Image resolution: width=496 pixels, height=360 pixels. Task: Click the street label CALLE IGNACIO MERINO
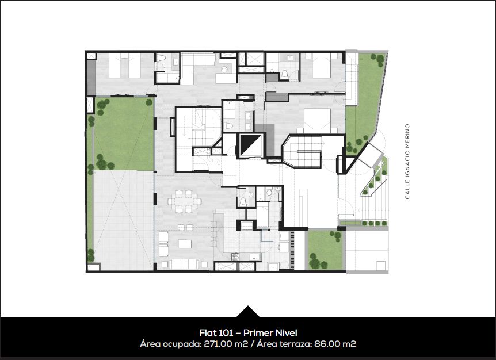[x=407, y=162]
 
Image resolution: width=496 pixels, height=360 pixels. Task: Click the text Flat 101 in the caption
[x=216, y=333]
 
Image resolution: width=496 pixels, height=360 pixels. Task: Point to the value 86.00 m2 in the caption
[x=335, y=343]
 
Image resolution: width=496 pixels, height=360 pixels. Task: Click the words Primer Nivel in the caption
[x=270, y=333]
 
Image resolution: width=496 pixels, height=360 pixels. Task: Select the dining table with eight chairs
[x=184, y=201]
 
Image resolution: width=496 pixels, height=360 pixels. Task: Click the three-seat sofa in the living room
[x=184, y=264]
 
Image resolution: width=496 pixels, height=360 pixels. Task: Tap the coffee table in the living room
[x=185, y=244]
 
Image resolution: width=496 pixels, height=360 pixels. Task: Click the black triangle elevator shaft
[x=251, y=145]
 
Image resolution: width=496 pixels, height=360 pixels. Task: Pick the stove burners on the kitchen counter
[x=236, y=257]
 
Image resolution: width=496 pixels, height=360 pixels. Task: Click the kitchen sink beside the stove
[x=254, y=257]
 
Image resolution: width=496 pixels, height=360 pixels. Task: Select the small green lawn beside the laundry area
[x=325, y=250]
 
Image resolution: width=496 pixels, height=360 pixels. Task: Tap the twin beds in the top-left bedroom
[x=125, y=66]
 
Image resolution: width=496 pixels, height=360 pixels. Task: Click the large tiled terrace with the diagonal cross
[x=124, y=221]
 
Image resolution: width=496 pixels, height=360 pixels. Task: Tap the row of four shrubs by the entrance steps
[x=375, y=223]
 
